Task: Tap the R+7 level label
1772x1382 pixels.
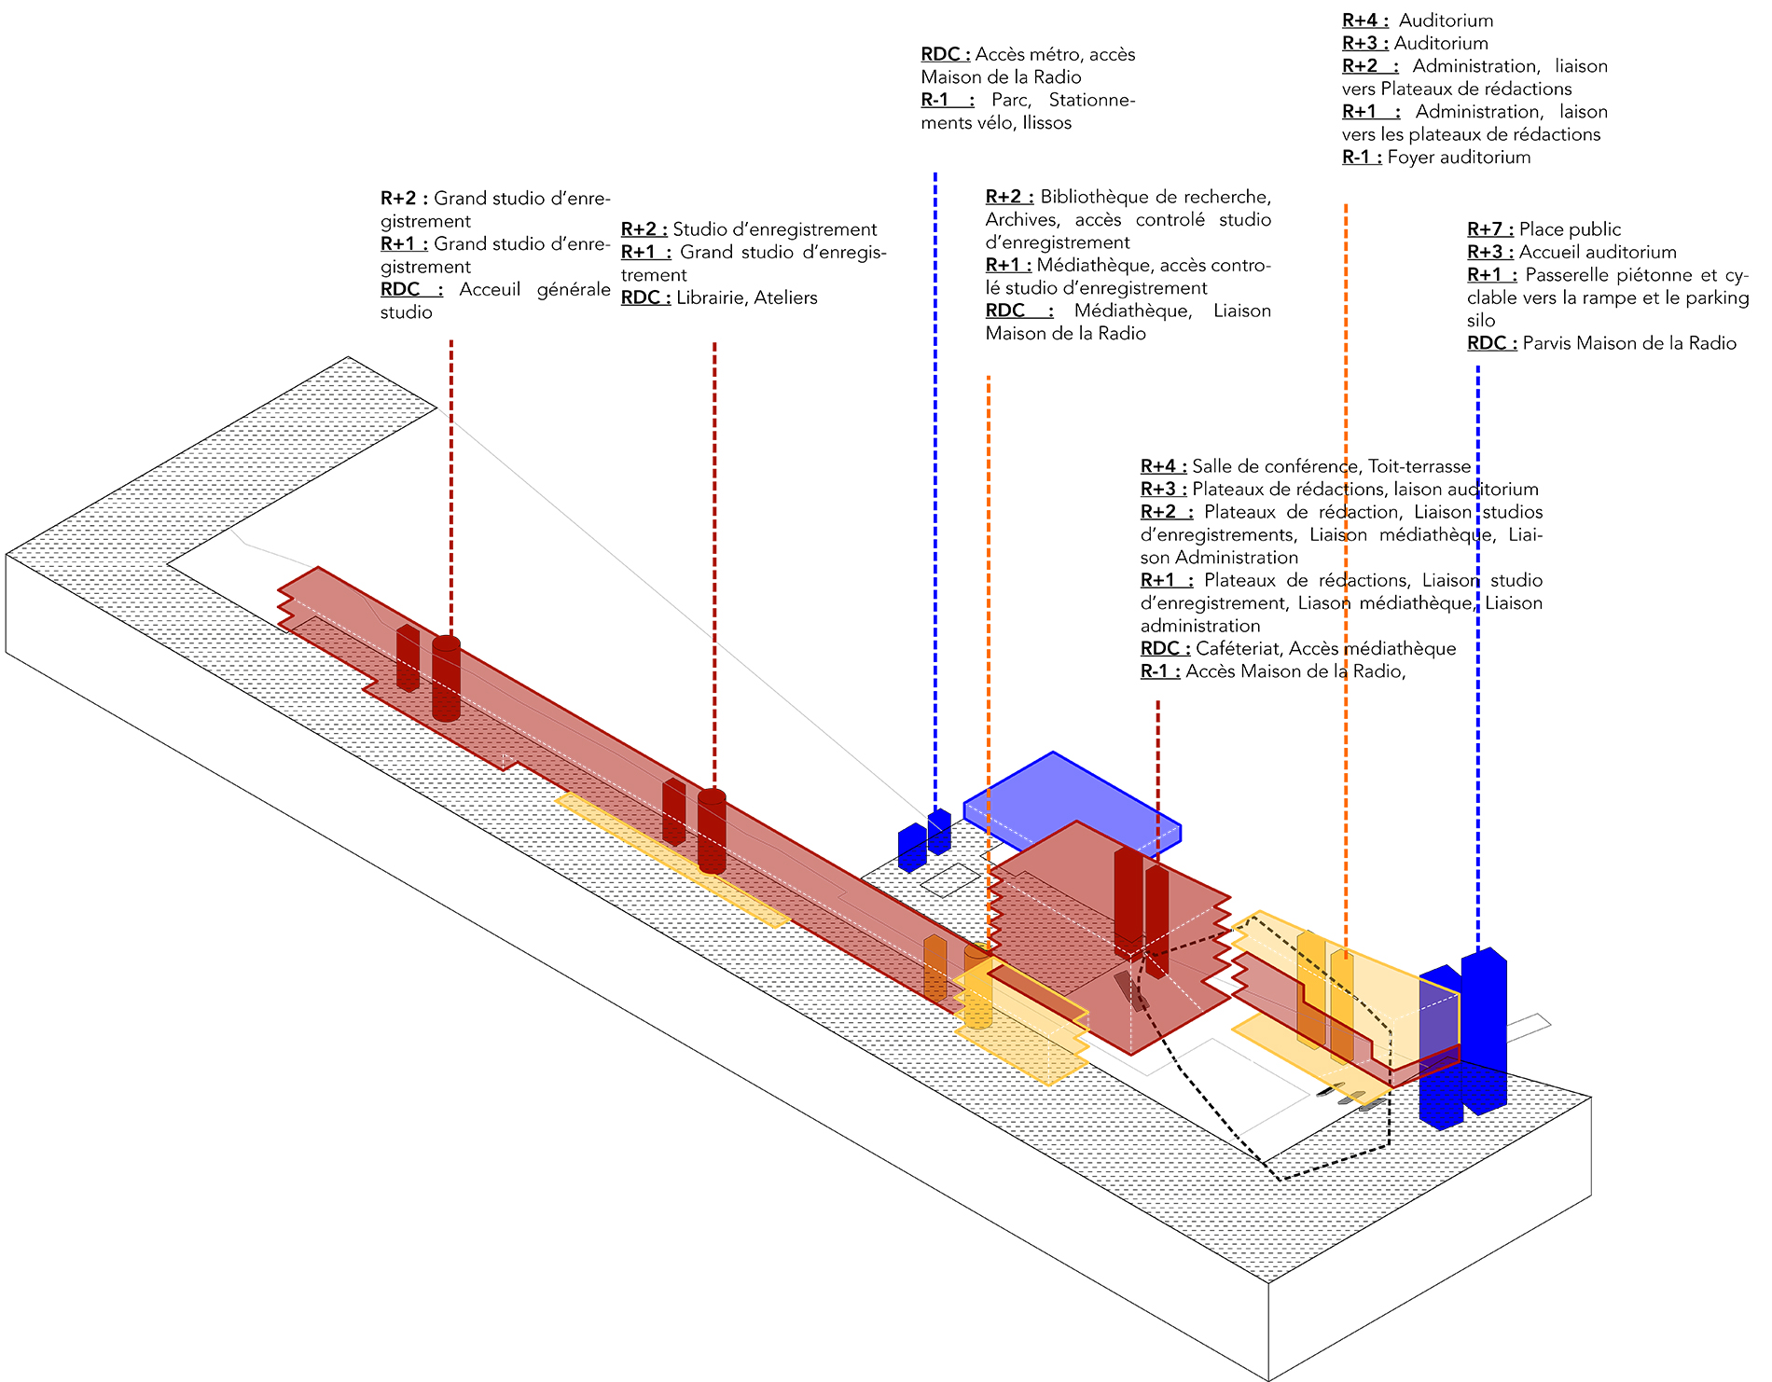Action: [1489, 229]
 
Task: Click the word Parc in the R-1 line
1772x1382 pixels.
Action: [1011, 101]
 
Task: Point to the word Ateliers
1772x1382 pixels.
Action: [785, 298]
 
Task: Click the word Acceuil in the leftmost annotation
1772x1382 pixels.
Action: [490, 290]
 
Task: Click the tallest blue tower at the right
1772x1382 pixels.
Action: [1484, 1030]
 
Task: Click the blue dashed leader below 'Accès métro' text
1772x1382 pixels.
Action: [935, 490]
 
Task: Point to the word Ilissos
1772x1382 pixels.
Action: [1046, 123]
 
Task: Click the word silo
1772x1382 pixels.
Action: [1481, 321]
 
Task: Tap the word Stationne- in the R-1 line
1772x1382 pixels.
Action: [1092, 101]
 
